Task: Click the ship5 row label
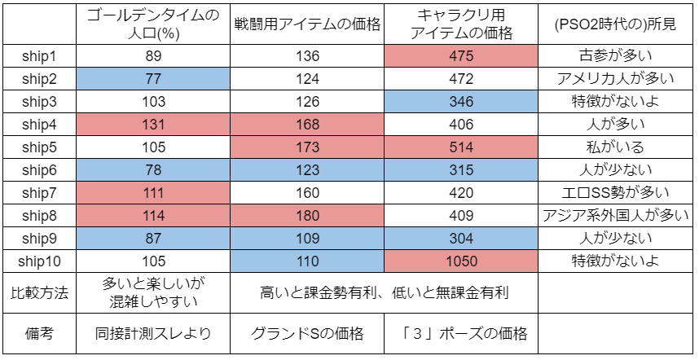40,147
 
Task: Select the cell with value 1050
461,261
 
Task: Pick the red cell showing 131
153,125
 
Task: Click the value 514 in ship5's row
461,147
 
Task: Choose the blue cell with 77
153,79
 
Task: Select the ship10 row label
40,261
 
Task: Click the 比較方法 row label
40,292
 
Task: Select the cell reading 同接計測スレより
153,334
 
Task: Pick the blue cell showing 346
461,102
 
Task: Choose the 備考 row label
40,334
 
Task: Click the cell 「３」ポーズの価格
461,334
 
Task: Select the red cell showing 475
461,56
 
